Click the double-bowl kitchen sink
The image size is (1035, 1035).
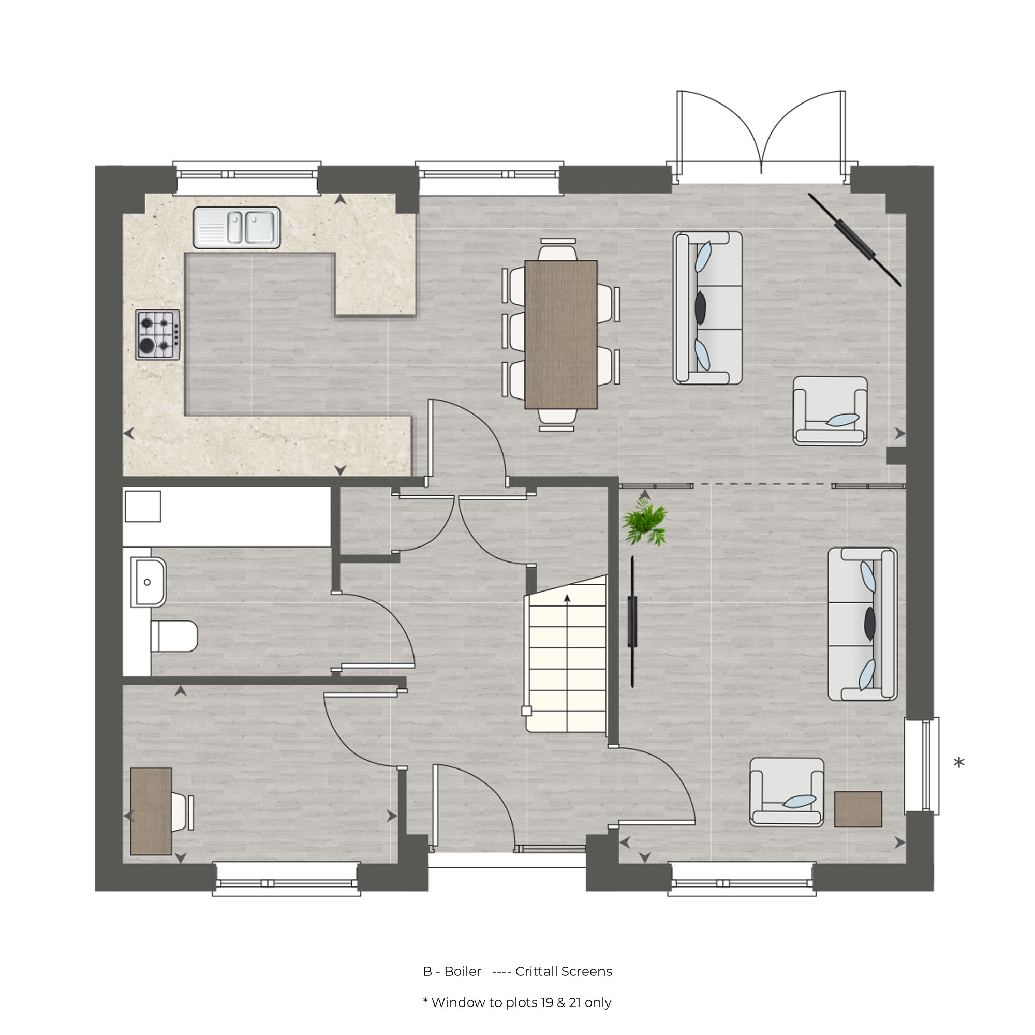(x=238, y=228)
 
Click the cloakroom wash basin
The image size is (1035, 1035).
(x=149, y=583)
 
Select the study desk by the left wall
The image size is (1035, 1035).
(x=152, y=812)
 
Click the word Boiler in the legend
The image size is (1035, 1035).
(x=463, y=972)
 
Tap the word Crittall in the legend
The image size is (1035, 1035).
(x=537, y=972)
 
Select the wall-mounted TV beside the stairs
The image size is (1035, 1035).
(x=633, y=622)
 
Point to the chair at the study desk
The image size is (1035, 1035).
(x=182, y=812)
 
